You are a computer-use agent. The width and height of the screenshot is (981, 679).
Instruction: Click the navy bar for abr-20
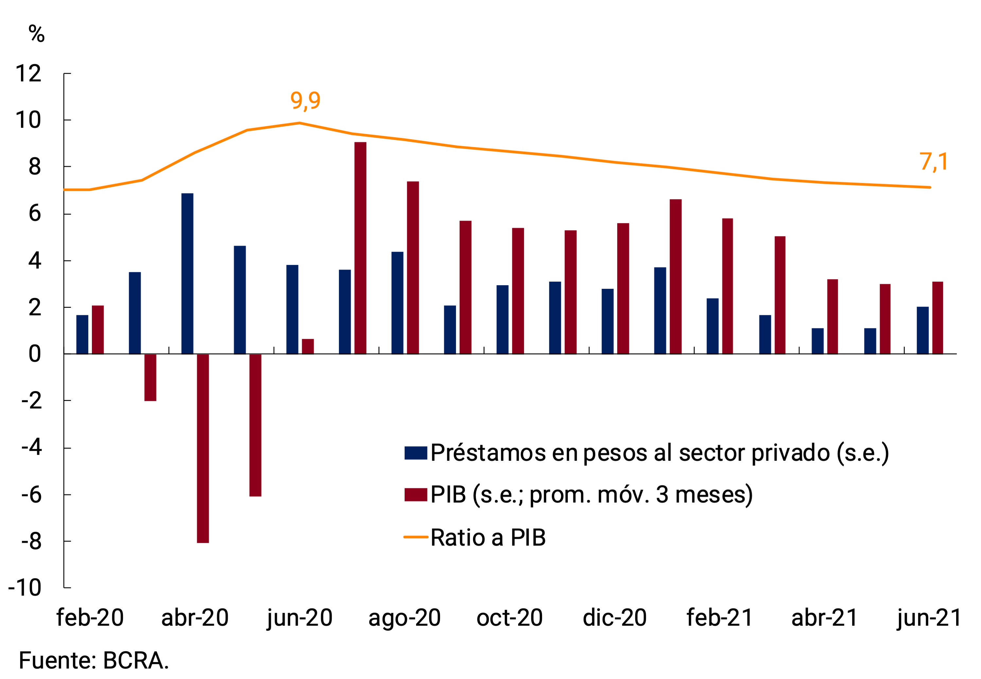[x=187, y=273]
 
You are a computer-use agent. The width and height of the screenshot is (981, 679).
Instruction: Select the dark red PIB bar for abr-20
[x=203, y=448]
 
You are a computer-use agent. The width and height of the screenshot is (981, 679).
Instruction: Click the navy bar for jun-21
[x=922, y=330]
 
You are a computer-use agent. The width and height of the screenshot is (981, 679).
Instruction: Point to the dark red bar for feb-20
[x=98, y=330]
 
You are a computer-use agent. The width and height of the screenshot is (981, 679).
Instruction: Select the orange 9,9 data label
[x=305, y=100]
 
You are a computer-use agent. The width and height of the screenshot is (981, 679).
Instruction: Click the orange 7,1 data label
[x=933, y=162]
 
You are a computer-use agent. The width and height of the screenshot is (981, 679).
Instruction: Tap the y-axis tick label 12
[x=28, y=74]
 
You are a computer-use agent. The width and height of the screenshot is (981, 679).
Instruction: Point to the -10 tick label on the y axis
[x=25, y=587]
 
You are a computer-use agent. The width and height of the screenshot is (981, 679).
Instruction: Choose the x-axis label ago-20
[x=404, y=618]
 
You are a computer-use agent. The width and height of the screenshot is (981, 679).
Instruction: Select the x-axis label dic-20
[x=614, y=618]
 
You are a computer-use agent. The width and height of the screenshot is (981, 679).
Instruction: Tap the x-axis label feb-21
[x=719, y=618]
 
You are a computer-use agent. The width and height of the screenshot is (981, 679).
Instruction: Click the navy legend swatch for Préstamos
[x=416, y=453]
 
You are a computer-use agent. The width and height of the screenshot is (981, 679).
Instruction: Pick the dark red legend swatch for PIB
[x=416, y=495]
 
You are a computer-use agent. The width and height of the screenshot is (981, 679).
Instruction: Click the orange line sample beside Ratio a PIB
[x=416, y=537]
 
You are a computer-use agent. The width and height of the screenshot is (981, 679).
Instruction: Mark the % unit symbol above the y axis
[x=37, y=34]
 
